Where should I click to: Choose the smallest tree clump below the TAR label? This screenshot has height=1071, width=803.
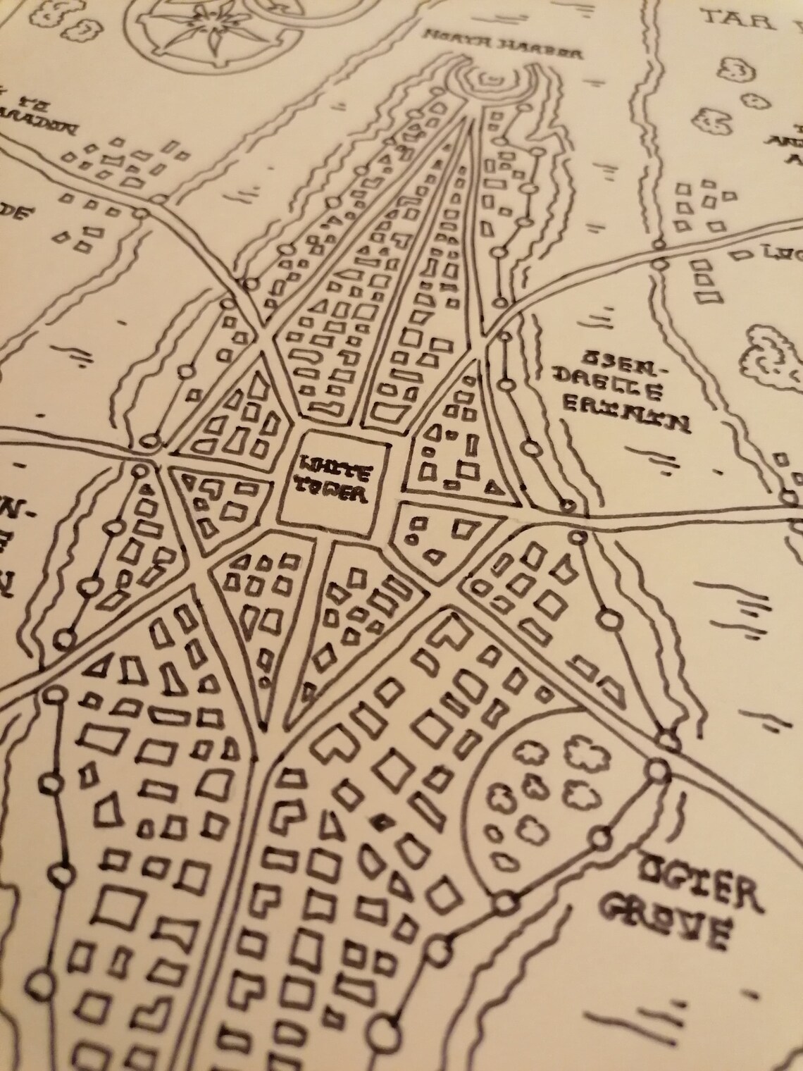tap(735, 69)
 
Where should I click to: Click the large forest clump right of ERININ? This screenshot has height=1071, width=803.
tap(771, 359)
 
